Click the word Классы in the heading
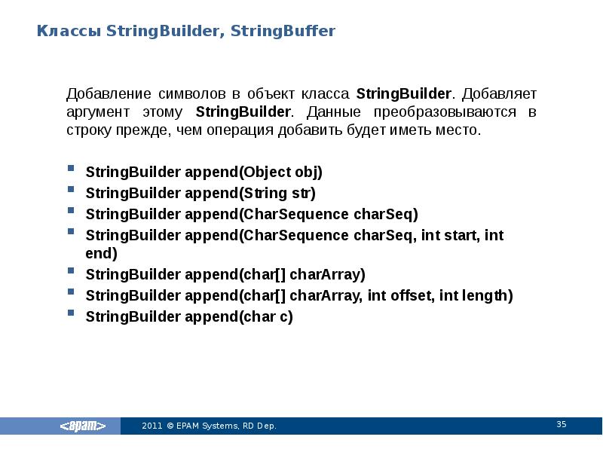(69, 32)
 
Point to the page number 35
(561, 425)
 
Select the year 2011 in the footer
(152, 426)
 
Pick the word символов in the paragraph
(192, 95)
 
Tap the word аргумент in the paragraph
(96, 112)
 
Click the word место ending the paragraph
(458, 130)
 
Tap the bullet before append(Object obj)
(70, 171)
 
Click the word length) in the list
(488, 295)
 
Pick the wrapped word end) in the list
(102, 253)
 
